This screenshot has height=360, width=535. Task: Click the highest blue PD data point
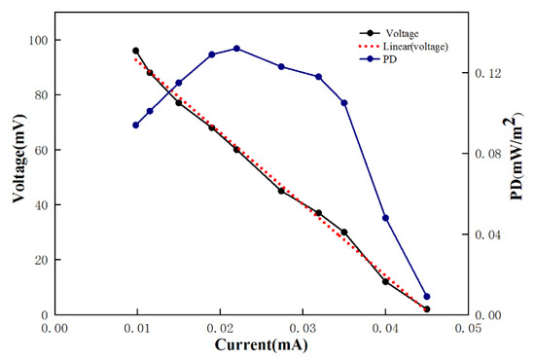point(236,48)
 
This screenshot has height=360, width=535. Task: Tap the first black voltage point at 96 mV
point(136,51)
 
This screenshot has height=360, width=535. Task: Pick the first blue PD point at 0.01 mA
point(136,125)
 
